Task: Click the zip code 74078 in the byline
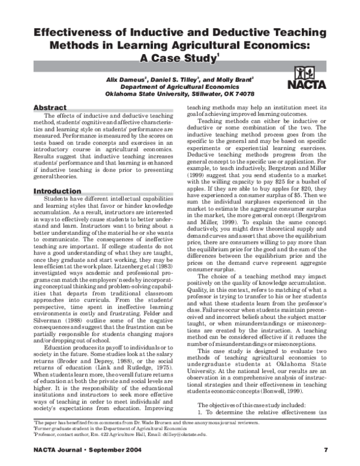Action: [241, 94]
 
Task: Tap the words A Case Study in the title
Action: [178, 59]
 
